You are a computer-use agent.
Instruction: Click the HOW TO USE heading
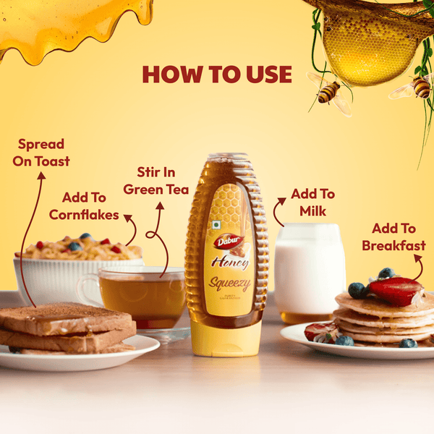[217, 75]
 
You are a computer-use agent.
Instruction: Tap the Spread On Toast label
[41, 153]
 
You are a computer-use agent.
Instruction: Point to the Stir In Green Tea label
[156, 181]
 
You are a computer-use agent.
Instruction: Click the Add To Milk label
[312, 203]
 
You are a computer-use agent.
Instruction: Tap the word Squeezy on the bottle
[229, 283]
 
